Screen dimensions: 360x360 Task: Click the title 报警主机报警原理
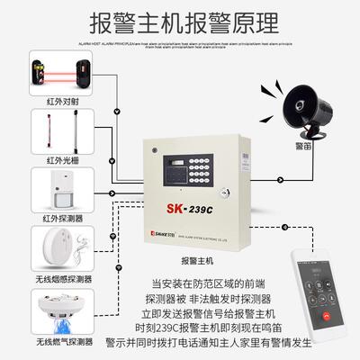pos(180,22)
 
